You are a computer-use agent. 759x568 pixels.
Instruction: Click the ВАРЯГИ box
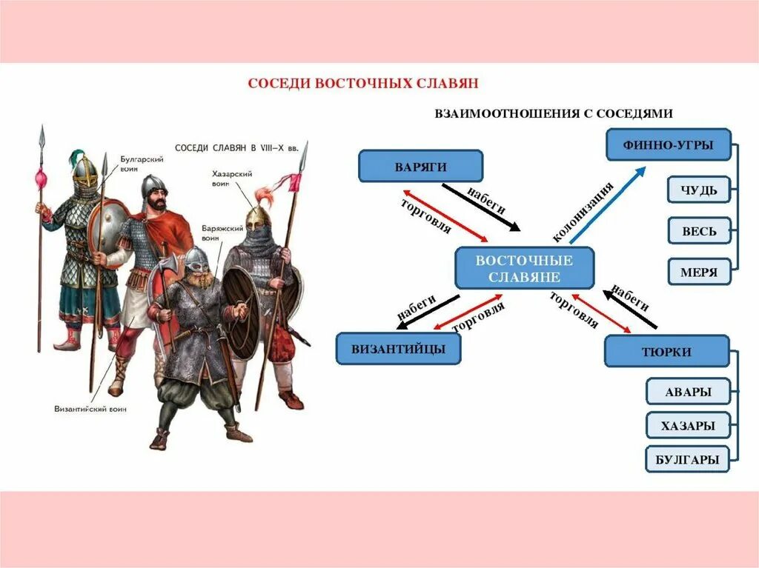[x=420, y=166]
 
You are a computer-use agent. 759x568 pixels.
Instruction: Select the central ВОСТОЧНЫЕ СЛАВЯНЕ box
[x=524, y=268]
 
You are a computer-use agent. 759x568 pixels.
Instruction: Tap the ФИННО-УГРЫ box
[x=669, y=144]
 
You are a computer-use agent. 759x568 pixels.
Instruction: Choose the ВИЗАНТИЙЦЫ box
[x=398, y=348]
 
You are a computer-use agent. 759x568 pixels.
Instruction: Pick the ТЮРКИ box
[x=666, y=351]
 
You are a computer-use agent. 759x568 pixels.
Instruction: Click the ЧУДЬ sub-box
[x=698, y=190]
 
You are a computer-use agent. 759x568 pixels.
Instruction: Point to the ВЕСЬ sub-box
[x=698, y=231]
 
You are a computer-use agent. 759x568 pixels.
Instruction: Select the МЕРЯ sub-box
[x=698, y=272]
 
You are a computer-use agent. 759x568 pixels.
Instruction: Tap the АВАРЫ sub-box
[x=688, y=391]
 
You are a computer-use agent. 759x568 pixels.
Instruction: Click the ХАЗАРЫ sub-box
[x=688, y=425]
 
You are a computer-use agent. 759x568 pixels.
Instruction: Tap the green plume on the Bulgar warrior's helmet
[x=75, y=158]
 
